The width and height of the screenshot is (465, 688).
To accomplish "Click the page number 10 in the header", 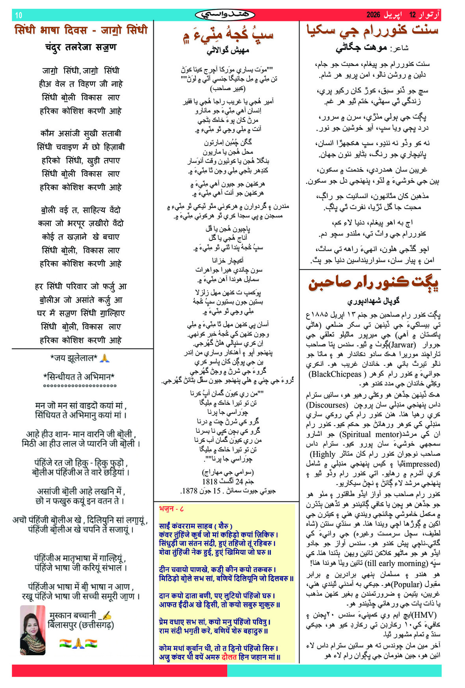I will coord(19,15).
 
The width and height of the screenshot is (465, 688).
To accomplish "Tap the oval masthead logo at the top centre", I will coord(225,15).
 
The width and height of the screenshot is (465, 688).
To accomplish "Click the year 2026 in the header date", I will coord(373,15).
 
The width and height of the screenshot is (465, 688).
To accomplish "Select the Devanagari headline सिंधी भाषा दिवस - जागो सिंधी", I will coord(81,30).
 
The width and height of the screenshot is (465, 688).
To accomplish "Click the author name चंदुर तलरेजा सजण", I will coord(81,47).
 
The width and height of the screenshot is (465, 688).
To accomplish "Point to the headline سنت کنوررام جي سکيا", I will coord(372,30).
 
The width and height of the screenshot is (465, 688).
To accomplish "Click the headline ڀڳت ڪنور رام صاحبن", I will coord(373,283).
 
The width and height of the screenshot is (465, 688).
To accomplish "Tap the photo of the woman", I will coord(33,630).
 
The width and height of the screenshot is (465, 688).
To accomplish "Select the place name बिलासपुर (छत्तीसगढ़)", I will coord(80,625).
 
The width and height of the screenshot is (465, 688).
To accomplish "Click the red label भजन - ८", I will coord(171,509).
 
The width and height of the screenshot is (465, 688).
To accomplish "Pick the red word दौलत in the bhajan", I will coord(229,657).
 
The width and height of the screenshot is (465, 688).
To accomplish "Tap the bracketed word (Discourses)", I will coord(327,405).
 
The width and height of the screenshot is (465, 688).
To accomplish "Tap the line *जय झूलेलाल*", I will coord(74,358).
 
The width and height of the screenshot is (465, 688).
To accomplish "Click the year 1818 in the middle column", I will coord(210,481).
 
